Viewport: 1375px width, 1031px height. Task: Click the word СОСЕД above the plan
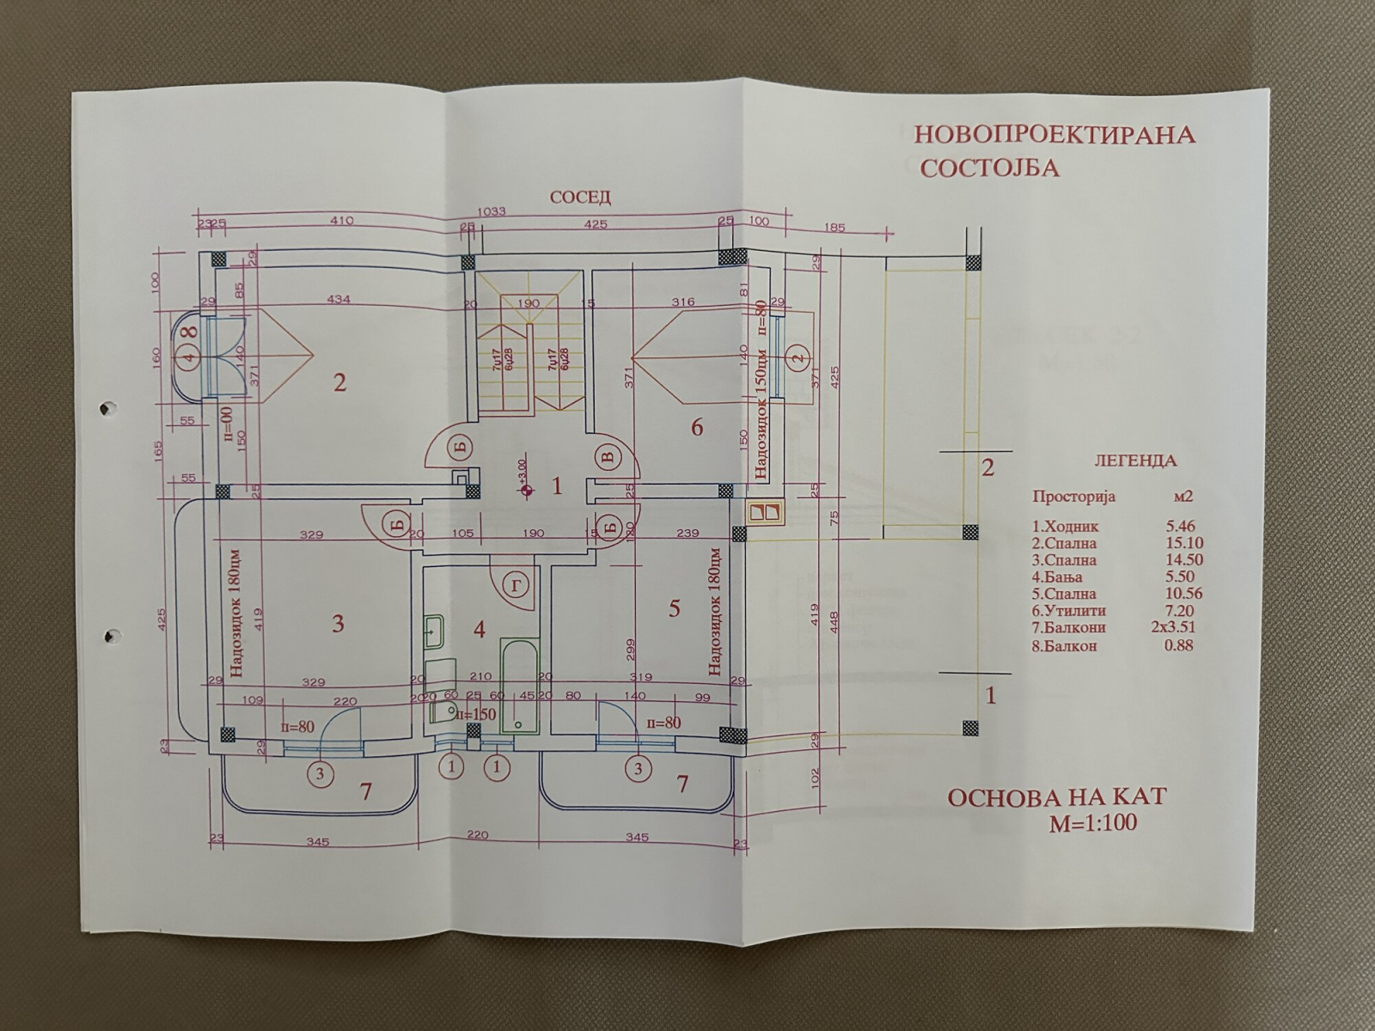click(581, 198)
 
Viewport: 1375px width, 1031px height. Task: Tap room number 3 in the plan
click(338, 623)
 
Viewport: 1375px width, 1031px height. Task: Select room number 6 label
click(697, 426)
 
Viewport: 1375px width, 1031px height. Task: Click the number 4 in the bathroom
click(480, 629)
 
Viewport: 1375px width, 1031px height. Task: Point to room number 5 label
click(675, 608)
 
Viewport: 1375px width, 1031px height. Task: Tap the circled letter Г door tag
click(515, 586)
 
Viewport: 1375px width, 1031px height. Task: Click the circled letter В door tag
click(609, 457)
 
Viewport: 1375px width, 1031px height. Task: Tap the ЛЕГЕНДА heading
click(1134, 461)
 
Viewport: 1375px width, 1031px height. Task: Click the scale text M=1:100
click(1092, 822)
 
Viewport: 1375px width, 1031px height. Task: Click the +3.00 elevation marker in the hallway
click(524, 489)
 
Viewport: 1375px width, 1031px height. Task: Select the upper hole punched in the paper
click(107, 406)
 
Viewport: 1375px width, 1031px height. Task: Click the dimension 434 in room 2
click(340, 299)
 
